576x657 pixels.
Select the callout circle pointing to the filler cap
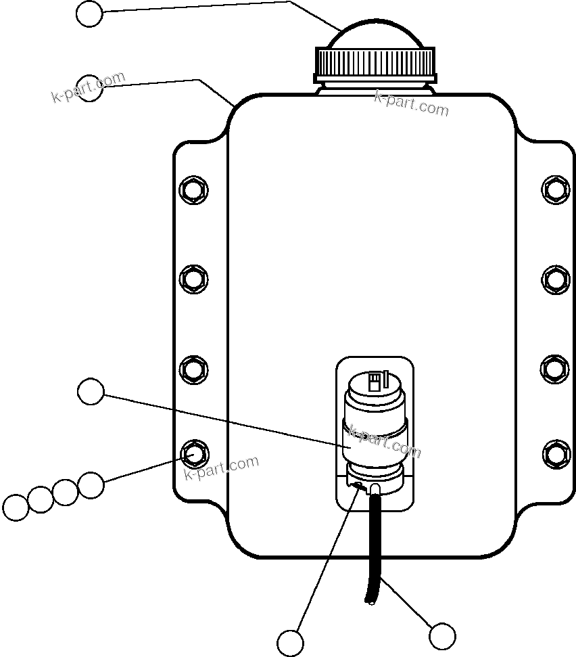(x=89, y=14)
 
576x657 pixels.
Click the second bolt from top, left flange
(x=194, y=278)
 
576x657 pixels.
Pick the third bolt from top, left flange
(x=194, y=369)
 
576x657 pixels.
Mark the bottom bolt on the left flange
(x=194, y=452)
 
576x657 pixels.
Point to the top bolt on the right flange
(x=556, y=189)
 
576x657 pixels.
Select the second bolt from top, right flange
(x=556, y=278)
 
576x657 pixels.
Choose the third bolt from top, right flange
(x=556, y=369)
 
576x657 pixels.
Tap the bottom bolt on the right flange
(x=556, y=452)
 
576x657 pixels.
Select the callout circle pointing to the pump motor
(x=91, y=392)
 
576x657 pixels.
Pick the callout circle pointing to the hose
(x=442, y=636)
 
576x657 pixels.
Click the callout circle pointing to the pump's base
(x=291, y=641)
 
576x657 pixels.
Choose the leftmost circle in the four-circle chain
(x=16, y=507)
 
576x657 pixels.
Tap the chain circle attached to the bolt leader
(x=91, y=484)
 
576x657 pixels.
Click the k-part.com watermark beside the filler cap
(x=411, y=104)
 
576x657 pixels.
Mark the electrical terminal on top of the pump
(x=374, y=383)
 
